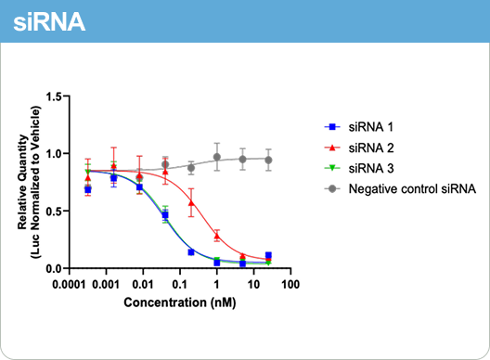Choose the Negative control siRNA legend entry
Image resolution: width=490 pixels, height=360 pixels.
pos(412,189)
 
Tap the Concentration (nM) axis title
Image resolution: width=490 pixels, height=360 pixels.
pos(178,302)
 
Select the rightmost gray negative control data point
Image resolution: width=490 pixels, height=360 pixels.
pos(268,160)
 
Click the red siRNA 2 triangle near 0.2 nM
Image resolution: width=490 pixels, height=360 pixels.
pos(192,202)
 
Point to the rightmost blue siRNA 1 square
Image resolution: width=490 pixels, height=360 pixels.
pos(268,255)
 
